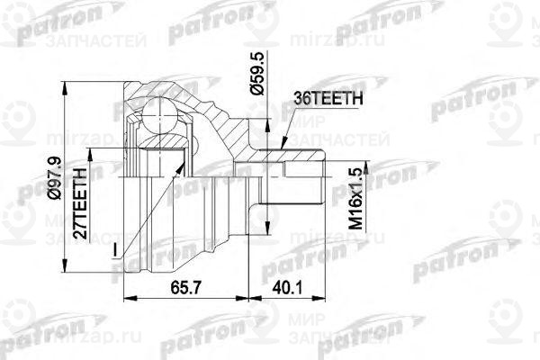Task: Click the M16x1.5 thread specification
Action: pyautogui.click(x=356, y=197)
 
